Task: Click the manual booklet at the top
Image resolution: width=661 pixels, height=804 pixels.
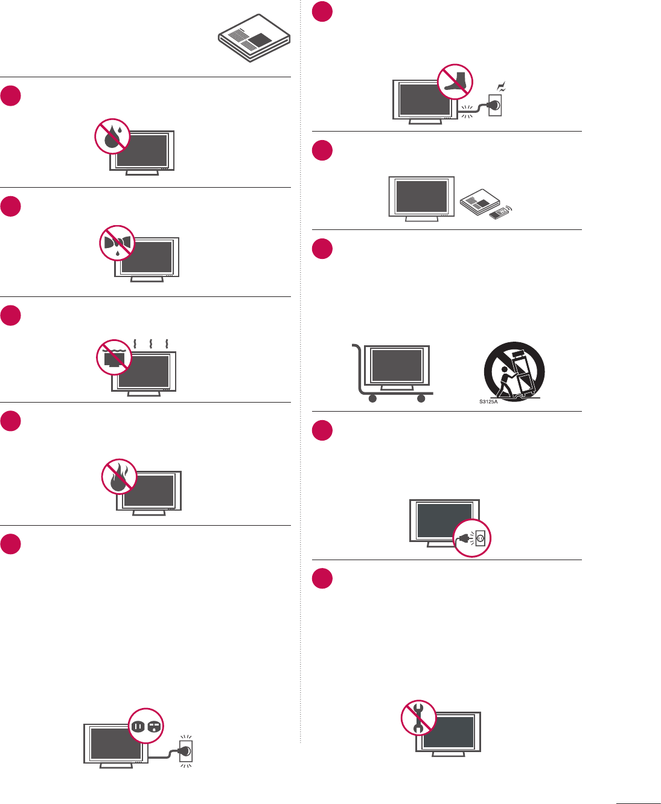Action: (254, 38)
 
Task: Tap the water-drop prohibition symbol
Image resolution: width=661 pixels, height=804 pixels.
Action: (112, 136)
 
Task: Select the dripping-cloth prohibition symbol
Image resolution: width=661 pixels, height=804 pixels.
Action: (117, 243)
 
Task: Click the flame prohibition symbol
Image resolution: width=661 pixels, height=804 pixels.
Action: (119, 477)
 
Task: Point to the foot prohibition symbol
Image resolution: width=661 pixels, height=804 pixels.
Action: (455, 81)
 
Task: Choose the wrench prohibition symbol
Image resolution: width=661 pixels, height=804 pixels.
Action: (419, 718)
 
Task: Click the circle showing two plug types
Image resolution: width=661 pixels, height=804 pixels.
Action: (146, 726)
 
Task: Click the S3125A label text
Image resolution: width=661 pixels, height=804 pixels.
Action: (488, 401)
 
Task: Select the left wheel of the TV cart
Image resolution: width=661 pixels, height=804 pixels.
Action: (372, 398)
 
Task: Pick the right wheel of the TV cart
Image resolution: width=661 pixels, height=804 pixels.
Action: (421, 398)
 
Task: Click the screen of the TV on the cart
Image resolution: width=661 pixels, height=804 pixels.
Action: (397, 365)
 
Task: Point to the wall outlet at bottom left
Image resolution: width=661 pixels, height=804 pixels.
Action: (186, 751)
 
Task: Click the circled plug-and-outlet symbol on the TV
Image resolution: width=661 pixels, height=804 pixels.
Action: (472, 538)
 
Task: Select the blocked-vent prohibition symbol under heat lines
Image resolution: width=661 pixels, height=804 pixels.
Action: (115, 358)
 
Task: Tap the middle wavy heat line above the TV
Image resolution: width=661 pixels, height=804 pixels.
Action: (150, 343)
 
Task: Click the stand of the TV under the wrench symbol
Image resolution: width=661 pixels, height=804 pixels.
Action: (448, 754)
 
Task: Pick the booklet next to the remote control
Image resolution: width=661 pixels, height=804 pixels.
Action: (480, 202)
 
